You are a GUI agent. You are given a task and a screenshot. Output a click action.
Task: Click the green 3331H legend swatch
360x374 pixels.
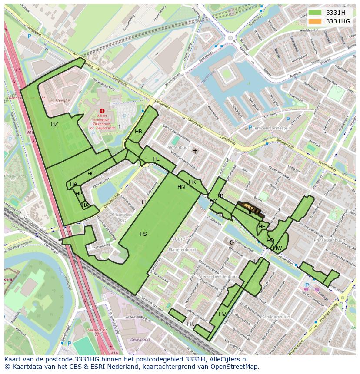click(x=315, y=13)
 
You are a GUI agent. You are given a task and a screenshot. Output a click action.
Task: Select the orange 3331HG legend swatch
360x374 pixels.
click(x=315, y=21)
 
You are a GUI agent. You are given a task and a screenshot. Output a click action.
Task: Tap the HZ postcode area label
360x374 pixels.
click(x=54, y=124)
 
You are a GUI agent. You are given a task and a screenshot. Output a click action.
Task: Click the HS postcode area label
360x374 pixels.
click(x=143, y=234)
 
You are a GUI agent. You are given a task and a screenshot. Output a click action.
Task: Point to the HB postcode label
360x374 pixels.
click(x=138, y=132)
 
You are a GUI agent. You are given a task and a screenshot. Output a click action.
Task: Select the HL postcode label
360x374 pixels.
click(x=156, y=159)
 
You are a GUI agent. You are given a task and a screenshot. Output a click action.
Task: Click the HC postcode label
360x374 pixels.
click(x=91, y=174)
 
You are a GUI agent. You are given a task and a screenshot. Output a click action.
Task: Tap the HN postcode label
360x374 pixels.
click(x=181, y=187)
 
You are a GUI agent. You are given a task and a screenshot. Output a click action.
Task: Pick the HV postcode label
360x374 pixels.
click(x=222, y=314)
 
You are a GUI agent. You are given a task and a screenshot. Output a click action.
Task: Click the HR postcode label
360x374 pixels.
click(x=190, y=324)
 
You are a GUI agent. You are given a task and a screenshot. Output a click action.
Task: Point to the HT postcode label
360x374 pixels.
click(x=257, y=261)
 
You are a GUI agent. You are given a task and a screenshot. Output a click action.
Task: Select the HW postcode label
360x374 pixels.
click(x=278, y=248)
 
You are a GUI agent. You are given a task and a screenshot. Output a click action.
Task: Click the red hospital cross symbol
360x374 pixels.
click(x=102, y=111)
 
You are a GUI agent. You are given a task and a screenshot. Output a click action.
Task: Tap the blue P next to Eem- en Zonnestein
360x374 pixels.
click(x=250, y=127)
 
